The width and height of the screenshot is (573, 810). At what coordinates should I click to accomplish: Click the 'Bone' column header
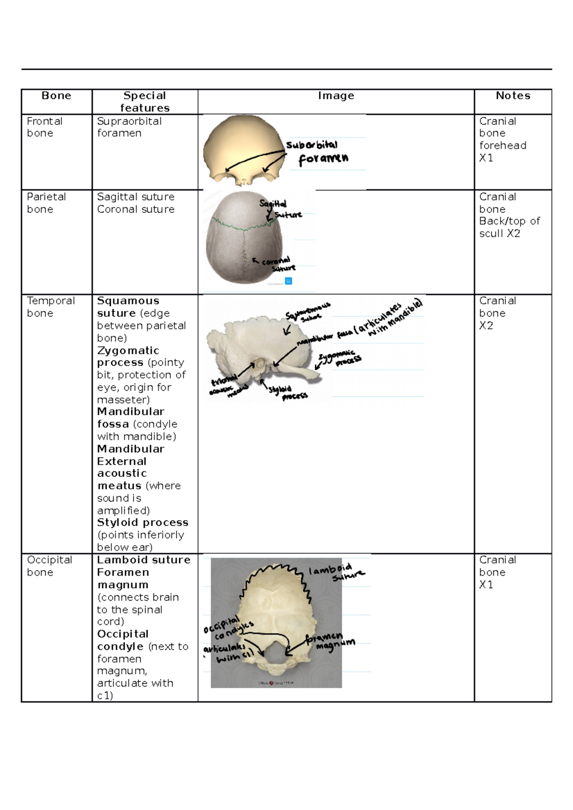pyautogui.click(x=56, y=96)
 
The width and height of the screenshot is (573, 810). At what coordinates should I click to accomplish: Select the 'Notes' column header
pyautogui.click(x=513, y=96)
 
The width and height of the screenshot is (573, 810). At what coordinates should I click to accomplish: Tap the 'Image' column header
pyautogui.click(x=336, y=96)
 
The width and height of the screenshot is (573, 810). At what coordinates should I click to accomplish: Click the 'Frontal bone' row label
pyautogui.click(x=44, y=127)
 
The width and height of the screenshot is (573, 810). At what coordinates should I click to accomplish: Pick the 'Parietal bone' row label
pyautogui.click(x=46, y=203)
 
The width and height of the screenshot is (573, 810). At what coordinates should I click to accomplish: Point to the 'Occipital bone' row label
pyautogui.click(x=49, y=566)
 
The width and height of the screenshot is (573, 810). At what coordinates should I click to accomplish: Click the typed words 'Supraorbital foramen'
pyautogui.click(x=129, y=127)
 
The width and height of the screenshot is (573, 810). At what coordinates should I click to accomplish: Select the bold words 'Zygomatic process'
pyautogui.click(x=128, y=356)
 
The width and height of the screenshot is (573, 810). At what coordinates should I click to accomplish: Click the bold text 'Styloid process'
pyautogui.click(x=142, y=522)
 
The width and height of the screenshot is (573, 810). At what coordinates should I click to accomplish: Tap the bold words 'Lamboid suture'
pyautogui.click(x=143, y=560)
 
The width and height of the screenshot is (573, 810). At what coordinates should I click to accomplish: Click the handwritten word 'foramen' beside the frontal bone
pyautogui.click(x=323, y=159)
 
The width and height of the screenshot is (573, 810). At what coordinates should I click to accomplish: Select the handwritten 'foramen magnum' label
pyautogui.click(x=329, y=642)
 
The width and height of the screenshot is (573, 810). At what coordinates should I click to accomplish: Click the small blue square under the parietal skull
pyautogui.click(x=288, y=281)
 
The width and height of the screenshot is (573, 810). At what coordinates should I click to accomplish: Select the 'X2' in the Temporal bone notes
pyautogui.click(x=486, y=326)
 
